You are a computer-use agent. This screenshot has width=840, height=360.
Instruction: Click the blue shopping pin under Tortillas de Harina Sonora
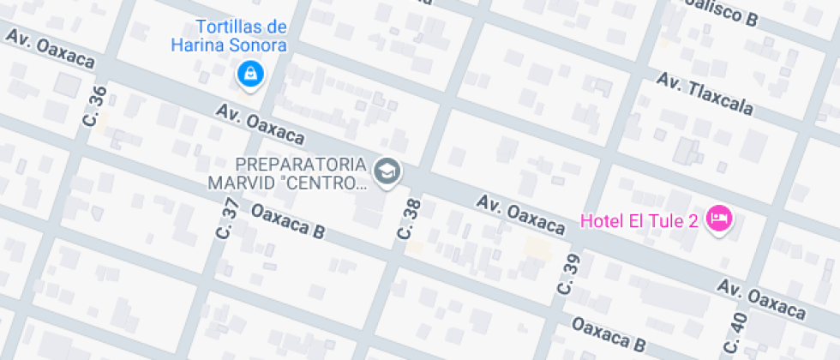249,74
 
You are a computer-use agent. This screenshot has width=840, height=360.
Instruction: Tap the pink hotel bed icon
718,219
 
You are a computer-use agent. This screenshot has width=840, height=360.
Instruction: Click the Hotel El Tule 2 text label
639,220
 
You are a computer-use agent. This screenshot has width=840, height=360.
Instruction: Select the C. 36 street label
95,106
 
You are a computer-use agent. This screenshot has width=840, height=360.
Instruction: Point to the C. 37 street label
229,218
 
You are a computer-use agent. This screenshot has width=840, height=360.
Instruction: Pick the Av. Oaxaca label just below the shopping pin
261,124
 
